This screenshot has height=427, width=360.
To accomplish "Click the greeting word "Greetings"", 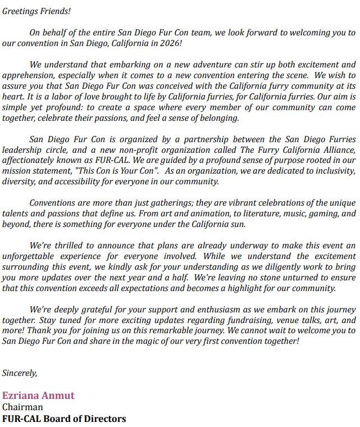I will point(20,11).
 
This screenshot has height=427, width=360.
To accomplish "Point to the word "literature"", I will point(265,213).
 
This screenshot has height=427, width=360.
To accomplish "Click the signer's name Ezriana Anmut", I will point(38,396).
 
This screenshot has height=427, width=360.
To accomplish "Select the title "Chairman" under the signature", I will point(22,407).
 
